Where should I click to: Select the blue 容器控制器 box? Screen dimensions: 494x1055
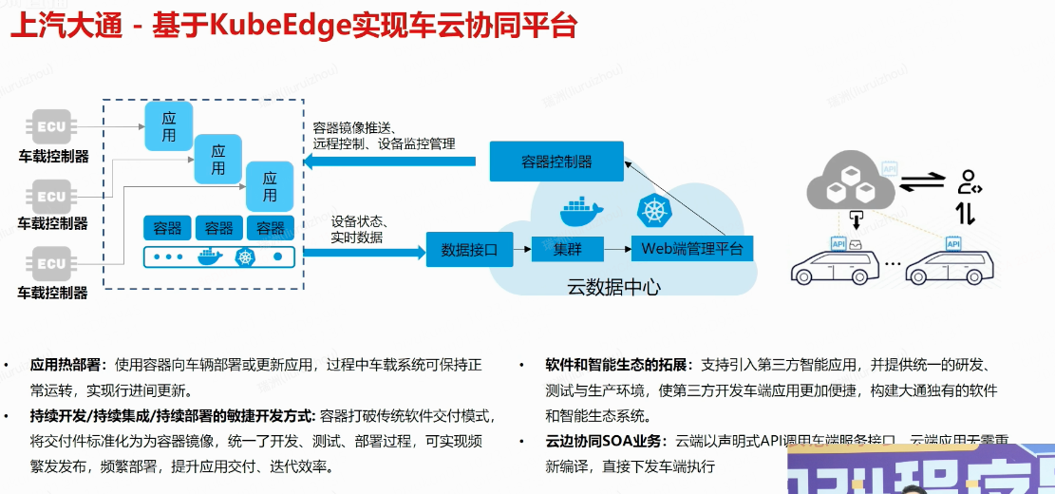(556, 161)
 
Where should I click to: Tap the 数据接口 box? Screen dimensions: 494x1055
(469, 250)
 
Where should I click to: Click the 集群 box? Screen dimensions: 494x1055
(568, 250)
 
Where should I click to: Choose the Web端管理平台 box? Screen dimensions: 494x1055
(692, 250)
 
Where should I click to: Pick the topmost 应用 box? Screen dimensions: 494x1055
(169, 126)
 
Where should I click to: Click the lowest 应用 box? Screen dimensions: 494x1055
(270, 186)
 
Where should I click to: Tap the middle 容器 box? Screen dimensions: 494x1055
(218, 228)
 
